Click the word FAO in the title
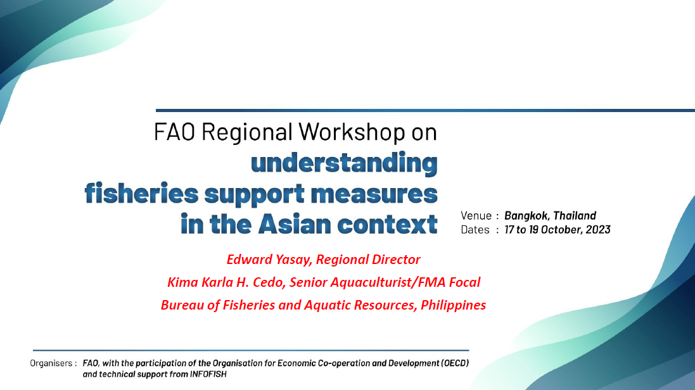tap(174, 132)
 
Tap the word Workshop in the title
tap(352, 132)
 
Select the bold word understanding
tap(344, 163)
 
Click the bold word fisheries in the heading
tap(141, 194)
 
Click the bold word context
tap(387, 224)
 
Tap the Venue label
tap(476, 216)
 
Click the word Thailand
tap(575, 215)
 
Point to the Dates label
tap(475, 230)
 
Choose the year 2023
tap(598, 230)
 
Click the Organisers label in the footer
tap(51, 363)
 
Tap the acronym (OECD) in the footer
tap(455, 363)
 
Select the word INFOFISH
tap(208, 374)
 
